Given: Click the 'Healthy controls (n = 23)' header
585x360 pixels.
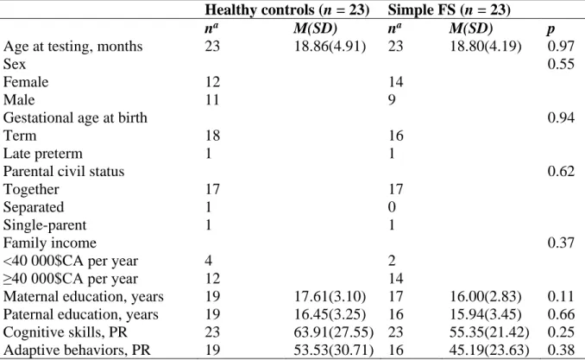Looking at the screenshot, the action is pyautogui.click(x=287, y=9).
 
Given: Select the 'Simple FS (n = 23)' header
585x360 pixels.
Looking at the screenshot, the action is pyautogui.click(x=449, y=9).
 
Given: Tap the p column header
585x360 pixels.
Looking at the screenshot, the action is pyautogui.click(x=550, y=29).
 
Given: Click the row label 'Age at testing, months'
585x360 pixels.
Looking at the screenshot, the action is pyautogui.click(x=73, y=47).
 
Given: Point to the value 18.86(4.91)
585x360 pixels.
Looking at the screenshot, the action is pyautogui.click(x=330, y=47).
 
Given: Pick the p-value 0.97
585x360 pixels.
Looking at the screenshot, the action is pyautogui.click(x=561, y=46).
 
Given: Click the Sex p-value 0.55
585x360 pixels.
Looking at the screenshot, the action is pyautogui.click(x=561, y=64).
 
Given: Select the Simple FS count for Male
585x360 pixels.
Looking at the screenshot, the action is pyautogui.click(x=392, y=99).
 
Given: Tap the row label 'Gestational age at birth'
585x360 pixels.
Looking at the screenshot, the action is pyautogui.click(x=75, y=118).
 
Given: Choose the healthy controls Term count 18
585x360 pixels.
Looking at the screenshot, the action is pyautogui.click(x=212, y=136).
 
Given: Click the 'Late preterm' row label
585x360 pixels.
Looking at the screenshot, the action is pyautogui.click(x=43, y=154).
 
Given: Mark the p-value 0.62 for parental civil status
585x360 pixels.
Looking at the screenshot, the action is pyautogui.click(x=561, y=171).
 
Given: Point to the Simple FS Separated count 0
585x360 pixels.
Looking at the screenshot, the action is pyautogui.click(x=392, y=207).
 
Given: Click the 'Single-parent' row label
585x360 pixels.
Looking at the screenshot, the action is pyautogui.click(x=45, y=225).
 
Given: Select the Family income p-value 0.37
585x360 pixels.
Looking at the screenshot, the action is pyautogui.click(x=561, y=243).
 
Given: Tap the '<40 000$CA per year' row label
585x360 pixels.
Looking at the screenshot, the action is pyautogui.click(x=71, y=261).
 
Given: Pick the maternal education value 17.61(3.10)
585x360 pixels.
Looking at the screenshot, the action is pyautogui.click(x=330, y=297).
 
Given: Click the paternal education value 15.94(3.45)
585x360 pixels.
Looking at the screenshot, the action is pyautogui.click(x=486, y=315).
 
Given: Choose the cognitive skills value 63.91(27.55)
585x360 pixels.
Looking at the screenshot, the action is pyautogui.click(x=334, y=332).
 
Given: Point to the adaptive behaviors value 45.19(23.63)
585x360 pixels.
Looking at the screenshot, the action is pyautogui.click(x=489, y=351).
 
